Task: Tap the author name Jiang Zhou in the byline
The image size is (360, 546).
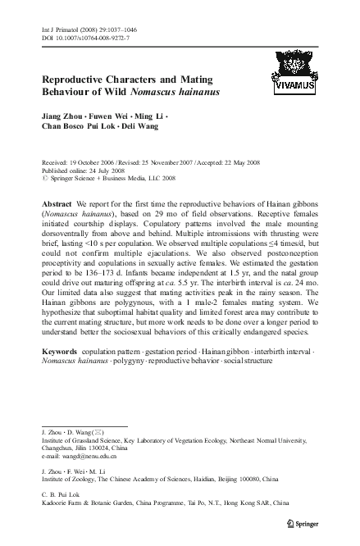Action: click(x=58, y=115)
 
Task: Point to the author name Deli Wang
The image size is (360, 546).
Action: click(x=148, y=126)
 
